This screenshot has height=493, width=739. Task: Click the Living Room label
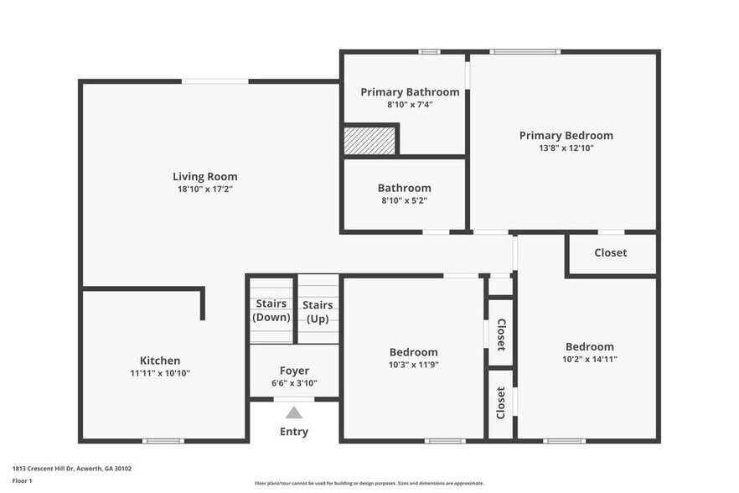point(204,176)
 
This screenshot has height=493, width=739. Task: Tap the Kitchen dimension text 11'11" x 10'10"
point(159,373)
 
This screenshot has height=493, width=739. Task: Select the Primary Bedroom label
point(566,135)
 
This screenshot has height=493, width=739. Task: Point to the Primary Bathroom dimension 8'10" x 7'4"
point(410,105)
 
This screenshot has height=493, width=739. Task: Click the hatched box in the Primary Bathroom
point(369,141)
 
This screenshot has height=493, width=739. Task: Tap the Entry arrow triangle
point(293,413)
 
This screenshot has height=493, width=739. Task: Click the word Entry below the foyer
point(293,432)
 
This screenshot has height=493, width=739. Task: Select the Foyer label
point(294,371)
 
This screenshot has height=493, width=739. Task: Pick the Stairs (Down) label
point(271,310)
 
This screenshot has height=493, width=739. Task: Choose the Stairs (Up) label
point(318,312)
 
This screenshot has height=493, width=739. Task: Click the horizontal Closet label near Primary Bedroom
point(610,252)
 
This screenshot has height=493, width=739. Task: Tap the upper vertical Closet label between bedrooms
point(501,334)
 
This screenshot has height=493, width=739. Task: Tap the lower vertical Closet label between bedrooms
point(501,402)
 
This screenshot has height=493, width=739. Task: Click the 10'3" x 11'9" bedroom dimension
point(413,365)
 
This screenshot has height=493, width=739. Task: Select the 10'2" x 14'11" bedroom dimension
point(589,360)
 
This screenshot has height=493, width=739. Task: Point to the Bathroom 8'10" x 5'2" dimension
point(404,201)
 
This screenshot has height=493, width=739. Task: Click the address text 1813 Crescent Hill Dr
point(72,469)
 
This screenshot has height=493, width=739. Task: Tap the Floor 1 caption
point(22,480)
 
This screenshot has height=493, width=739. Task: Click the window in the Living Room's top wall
point(214,81)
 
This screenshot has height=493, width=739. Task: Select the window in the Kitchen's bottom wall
point(163,441)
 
